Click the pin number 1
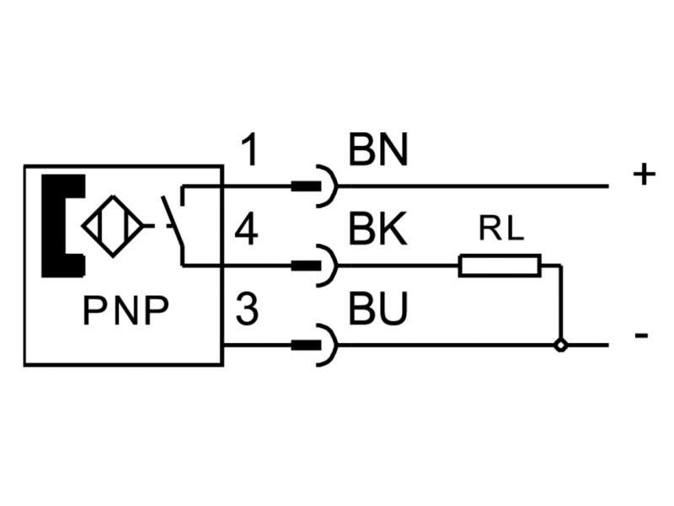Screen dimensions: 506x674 pos(249,152)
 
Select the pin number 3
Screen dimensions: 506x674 pos(246,310)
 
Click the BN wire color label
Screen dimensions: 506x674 pos(378,152)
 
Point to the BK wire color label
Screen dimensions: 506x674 pos(378,231)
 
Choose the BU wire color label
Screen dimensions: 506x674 pos(378,310)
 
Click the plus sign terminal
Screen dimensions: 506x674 pos(643,175)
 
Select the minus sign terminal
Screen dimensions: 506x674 pos(642,336)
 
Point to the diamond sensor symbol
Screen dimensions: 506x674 pos(114,226)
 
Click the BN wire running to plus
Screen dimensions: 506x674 pos(472,186)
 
